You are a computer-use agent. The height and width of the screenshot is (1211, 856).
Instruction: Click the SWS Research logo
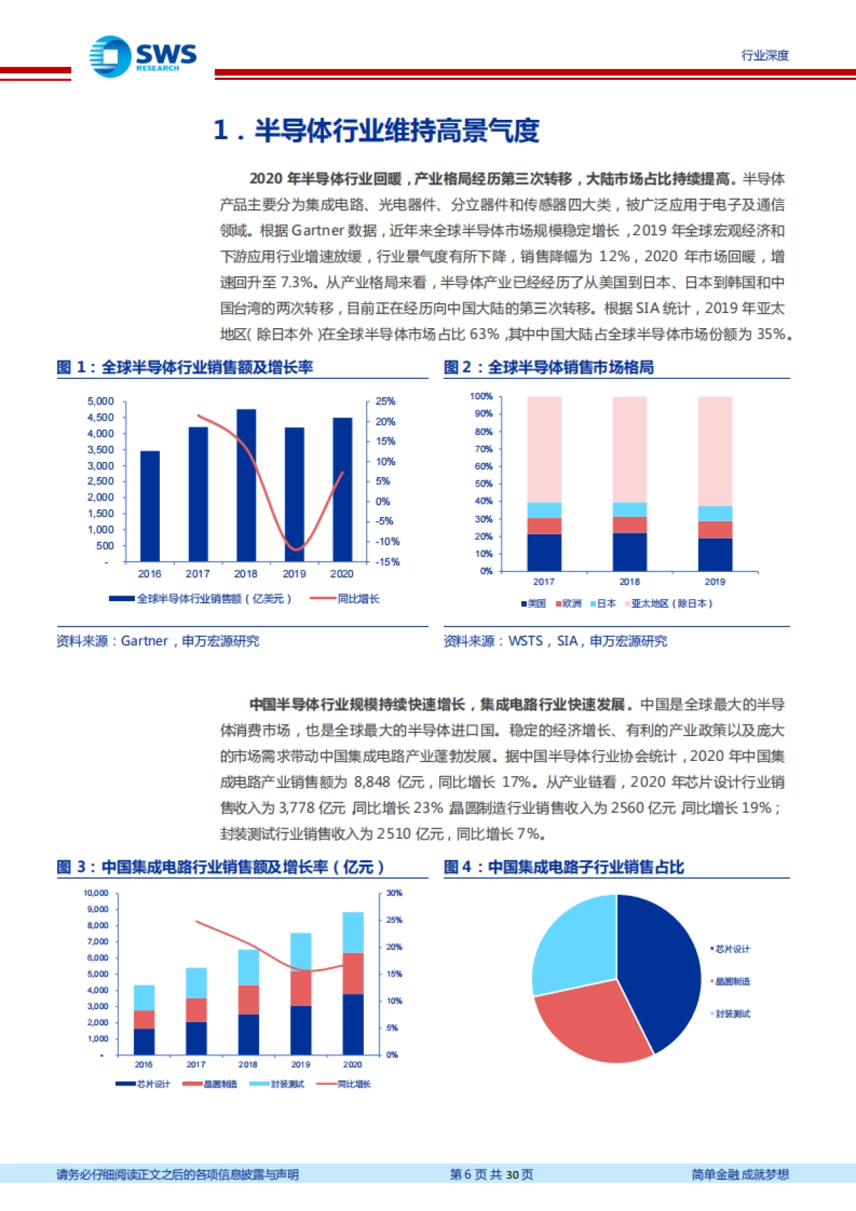(143, 56)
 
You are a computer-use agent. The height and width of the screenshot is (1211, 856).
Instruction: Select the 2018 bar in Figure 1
(246, 485)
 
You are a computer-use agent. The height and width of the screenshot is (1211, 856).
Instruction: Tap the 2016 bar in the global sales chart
(150, 506)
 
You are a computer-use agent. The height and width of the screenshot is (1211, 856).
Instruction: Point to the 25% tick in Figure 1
(385, 402)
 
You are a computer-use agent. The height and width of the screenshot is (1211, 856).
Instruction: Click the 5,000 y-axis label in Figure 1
(101, 402)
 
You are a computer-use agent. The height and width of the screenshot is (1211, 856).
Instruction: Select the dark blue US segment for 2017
(544, 552)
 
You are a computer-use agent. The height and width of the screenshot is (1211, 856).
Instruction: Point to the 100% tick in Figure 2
(481, 397)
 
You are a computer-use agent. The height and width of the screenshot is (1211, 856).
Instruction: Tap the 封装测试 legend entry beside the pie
(733, 1013)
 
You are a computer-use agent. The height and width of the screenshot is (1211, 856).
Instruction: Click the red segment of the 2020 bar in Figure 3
(353, 974)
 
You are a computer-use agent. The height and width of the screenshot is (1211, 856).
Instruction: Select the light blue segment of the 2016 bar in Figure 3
(144, 998)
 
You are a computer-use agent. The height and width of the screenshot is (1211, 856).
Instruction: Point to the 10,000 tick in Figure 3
(96, 893)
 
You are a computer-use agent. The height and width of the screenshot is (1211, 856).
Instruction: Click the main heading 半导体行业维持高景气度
(397, 131)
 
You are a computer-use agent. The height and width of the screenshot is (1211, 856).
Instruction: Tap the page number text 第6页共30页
(491, 1175)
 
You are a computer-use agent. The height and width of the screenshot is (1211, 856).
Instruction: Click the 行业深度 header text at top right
(765, 56)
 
